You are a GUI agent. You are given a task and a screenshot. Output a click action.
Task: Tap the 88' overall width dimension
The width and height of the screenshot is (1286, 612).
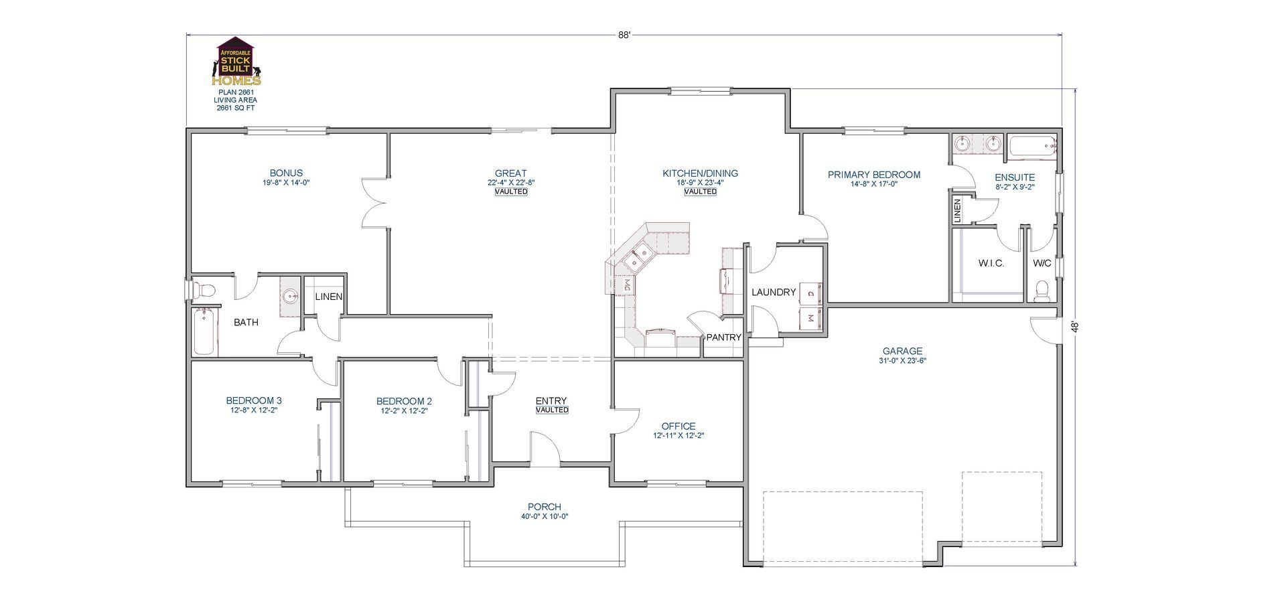click(624, 35)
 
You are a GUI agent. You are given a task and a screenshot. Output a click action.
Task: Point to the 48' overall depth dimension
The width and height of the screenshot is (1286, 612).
click(1074, 327)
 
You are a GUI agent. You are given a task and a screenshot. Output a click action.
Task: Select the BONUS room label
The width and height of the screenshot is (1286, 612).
click(286, 173)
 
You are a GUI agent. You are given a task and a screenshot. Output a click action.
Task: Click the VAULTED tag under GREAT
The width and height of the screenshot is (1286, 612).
click(511, 192)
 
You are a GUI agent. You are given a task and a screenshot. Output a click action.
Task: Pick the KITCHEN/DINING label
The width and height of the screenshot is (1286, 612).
click(700, 173)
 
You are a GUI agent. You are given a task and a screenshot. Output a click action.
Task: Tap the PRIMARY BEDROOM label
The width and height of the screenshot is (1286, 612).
click(873, 175)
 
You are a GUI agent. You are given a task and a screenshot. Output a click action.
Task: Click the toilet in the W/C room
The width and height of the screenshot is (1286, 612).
click(1042, 291)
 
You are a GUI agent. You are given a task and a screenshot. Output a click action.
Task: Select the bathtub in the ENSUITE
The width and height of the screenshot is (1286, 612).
click(1032, 147)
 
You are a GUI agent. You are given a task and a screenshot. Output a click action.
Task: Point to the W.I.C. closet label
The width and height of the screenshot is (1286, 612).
click(991, 263)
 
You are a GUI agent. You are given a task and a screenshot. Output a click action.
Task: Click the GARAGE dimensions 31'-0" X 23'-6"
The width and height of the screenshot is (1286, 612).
click(902, 360)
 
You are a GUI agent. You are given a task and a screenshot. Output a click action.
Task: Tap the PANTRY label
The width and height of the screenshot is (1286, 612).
click(723, 337)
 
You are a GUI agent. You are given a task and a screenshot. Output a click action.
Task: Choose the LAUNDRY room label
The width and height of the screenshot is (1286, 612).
click(773, 292)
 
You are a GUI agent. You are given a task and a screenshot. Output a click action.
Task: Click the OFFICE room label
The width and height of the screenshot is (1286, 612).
click(678, 426)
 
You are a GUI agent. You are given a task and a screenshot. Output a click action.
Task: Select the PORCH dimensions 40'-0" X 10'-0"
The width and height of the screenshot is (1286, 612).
click(544, 516)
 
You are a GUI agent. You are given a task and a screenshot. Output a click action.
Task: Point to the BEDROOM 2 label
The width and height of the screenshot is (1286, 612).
click(404, 401)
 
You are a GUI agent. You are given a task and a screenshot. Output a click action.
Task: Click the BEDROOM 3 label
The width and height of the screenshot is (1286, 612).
click(253, 401)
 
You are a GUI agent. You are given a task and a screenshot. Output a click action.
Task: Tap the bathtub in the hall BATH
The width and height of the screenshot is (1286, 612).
click(205, 332)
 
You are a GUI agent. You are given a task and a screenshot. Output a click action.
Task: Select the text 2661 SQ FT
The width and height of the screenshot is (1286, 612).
click(235, 108)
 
